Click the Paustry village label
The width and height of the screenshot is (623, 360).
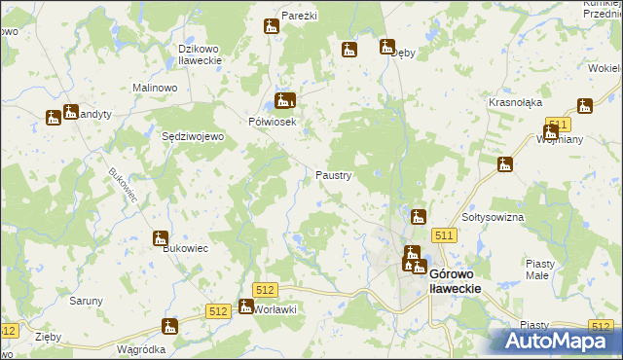pyautogui.click(x=334, y=175)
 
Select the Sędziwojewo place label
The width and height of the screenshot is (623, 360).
pyautogui.click(x=193, y=136)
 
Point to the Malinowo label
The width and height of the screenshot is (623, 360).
pyautogui.click(x=155, y=88)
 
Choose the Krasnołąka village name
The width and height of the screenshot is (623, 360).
pyautogui.click(x=516, y=101)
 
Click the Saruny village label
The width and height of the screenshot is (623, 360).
pyautogui.click(x=86, y=301)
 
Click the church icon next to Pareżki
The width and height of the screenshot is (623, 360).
pyautogui.click(x=272, y=26)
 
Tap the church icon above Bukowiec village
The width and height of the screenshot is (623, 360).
pyautogui.click(x=161, y=238)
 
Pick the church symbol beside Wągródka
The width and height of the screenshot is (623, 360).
pyautogui.click(x=169, y=327)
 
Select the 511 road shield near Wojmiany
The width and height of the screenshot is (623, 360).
pyautogui.click(x=557, y=124)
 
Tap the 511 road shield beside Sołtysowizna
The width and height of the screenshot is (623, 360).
pyautogui.click(x=445, y=235)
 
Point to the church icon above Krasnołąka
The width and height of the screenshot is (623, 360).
pyautogui.click(x=584, y=105)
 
